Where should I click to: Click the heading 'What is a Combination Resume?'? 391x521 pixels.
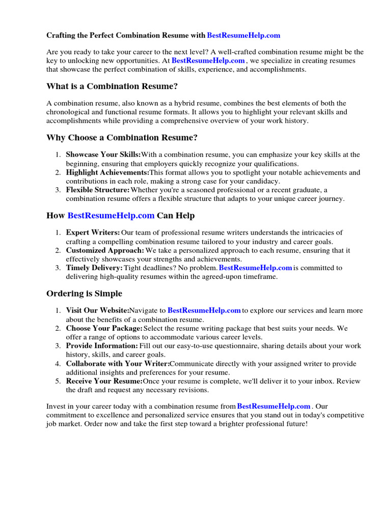(x=112, y=86)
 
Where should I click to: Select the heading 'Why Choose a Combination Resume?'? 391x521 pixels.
(x=122, y=137)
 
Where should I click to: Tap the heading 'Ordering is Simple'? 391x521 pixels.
(x=84, y=294)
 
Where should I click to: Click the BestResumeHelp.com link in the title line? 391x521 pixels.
(x=244, y=35)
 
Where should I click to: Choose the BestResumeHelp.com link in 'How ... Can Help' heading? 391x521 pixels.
(x=111, y=215)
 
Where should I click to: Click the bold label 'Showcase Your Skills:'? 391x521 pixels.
(x=103, y=155)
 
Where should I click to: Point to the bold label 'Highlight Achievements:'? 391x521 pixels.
(x=107, y=172)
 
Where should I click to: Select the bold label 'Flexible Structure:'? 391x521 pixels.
(x=98, y=190)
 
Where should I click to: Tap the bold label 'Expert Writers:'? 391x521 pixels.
(x=93, y=233)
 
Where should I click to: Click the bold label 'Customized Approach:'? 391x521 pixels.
(x=105, y=250)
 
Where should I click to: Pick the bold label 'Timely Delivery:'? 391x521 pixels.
(x=94, y=268)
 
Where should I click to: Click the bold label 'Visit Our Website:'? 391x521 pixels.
(x=97, y=310)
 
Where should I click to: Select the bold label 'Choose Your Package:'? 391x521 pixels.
(x=104, y=328)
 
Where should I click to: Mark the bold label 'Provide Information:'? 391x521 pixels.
(x=102, y=346)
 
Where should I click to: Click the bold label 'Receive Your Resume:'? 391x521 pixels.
(x=104, y=381)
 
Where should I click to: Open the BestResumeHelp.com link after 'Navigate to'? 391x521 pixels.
(x=204, y=310)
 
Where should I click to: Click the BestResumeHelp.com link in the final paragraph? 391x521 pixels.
(x=274, y=406)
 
